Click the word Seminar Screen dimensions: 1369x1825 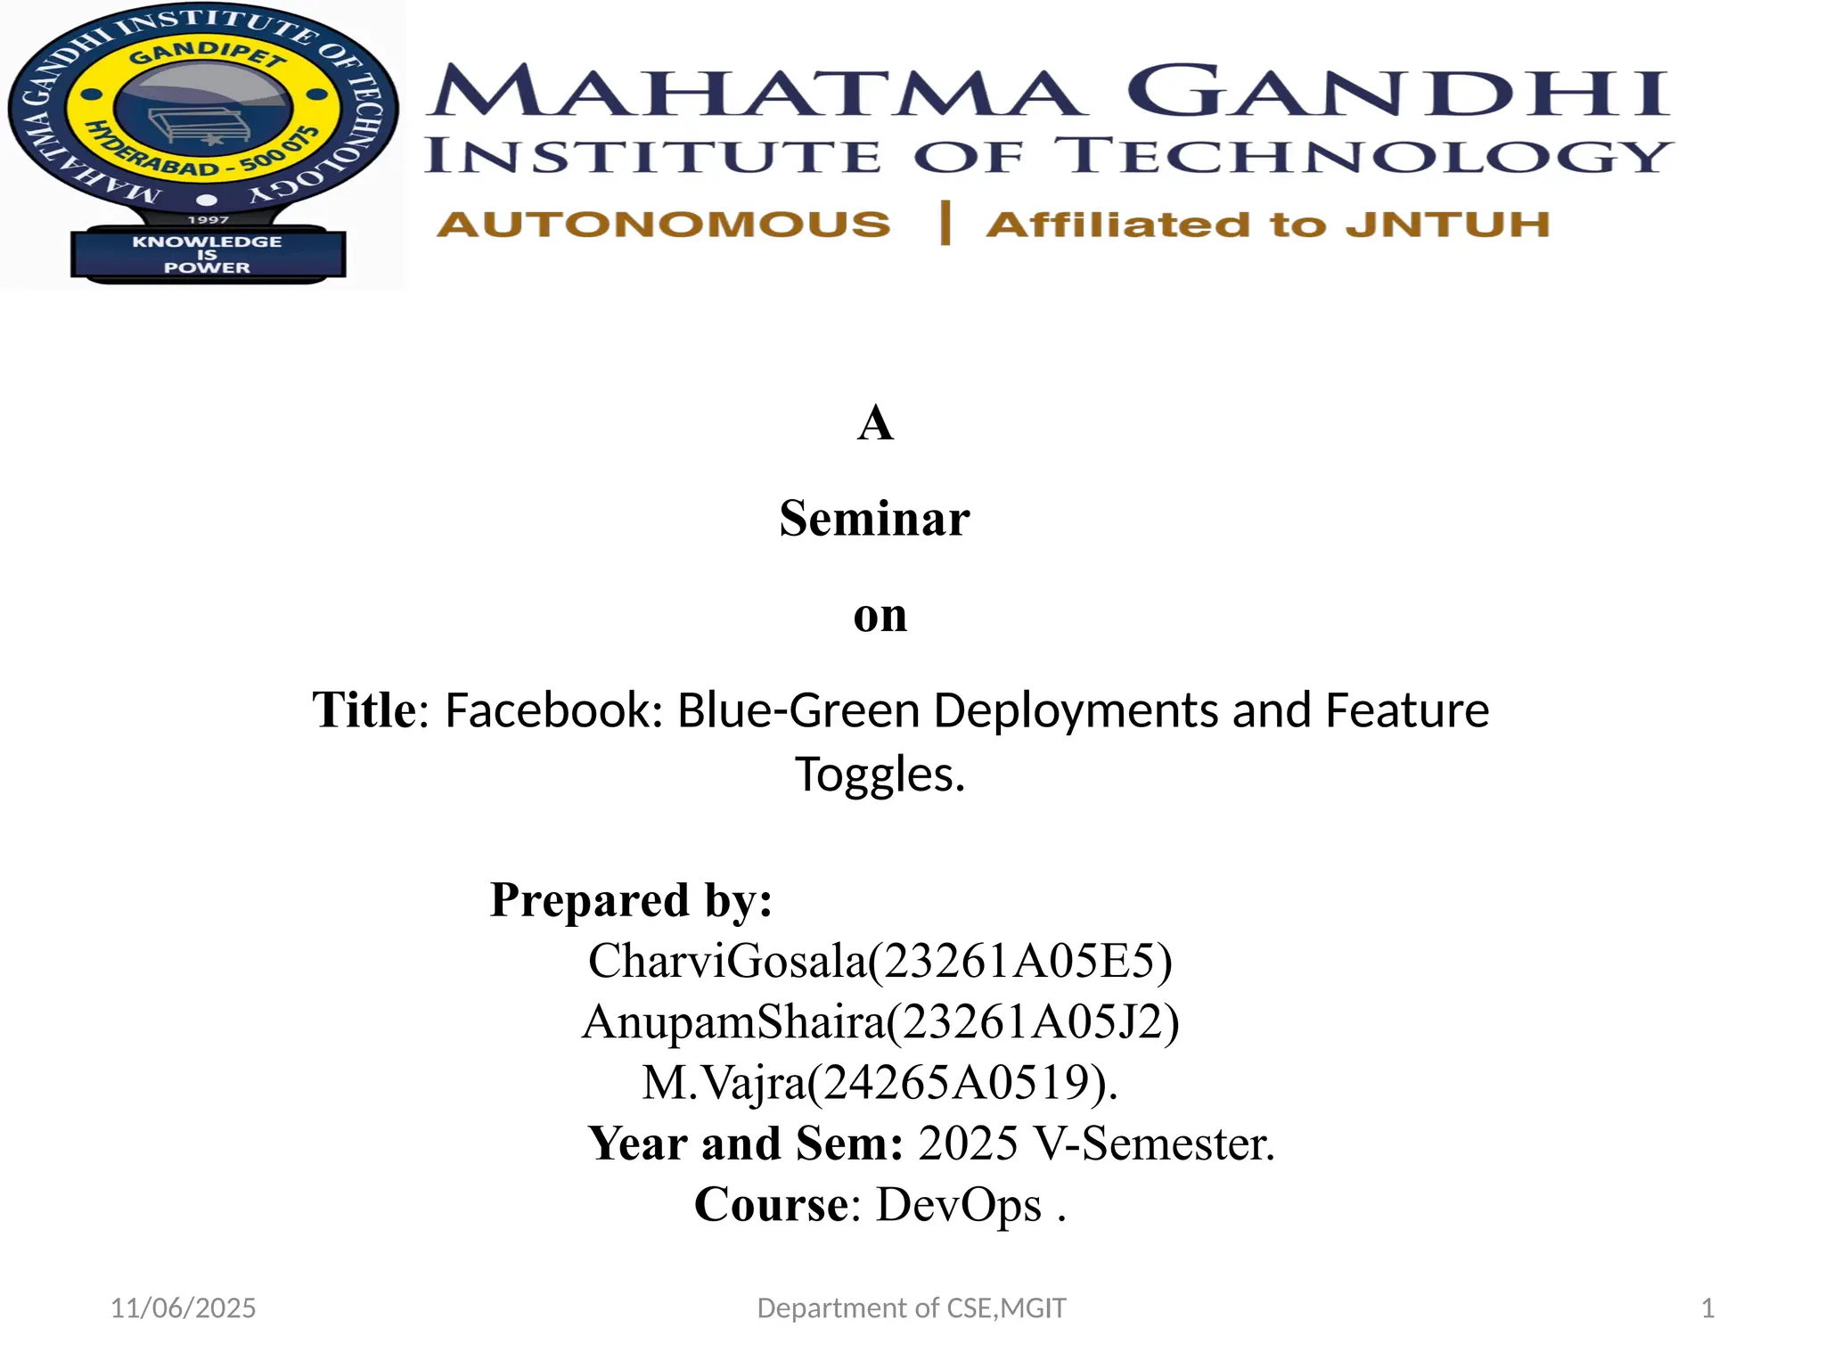874,519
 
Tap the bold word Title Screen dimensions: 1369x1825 364,711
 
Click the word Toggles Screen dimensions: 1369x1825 879,774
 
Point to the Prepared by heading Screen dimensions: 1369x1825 631,899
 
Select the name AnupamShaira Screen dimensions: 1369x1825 732,1021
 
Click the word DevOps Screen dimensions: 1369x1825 959,1205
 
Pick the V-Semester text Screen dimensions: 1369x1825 1153,1144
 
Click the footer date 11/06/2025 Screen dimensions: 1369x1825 183,1308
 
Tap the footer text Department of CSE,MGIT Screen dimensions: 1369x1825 911,1308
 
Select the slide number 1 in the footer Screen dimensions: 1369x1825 1707,1308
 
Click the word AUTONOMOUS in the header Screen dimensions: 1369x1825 663,224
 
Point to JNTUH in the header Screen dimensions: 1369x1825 1447,224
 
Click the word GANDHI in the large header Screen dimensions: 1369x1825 1397,91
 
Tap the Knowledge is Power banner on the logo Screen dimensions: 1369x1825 207,254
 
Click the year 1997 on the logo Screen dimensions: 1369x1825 208,219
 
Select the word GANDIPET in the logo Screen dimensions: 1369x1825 207,56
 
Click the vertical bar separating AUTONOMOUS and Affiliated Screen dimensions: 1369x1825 945,223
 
